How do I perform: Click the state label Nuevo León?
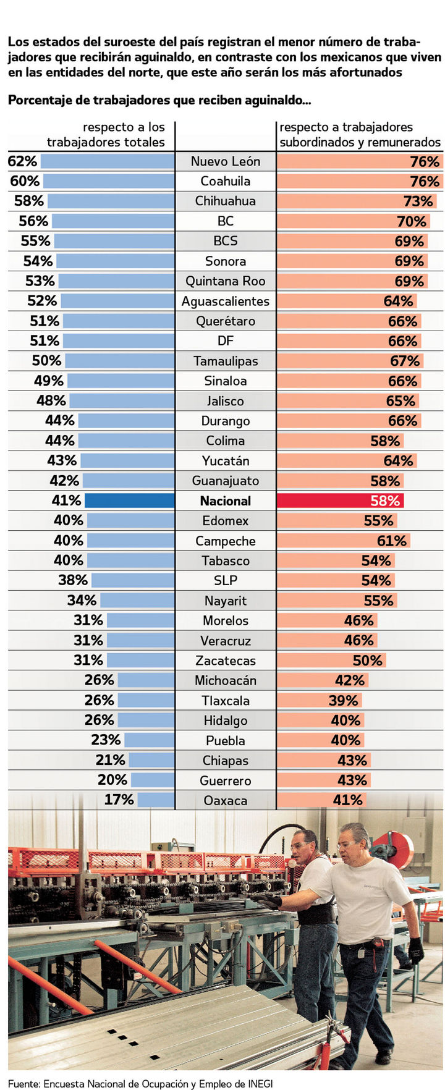point(225,161)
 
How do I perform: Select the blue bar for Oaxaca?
point(156,800)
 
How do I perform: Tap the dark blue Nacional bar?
point(129,501)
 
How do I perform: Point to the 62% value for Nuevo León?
point(23,161)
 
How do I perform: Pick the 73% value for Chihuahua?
point(418,201)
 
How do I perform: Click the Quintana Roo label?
point(225,281)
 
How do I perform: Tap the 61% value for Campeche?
point(392,541)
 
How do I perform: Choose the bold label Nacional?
point(225,501)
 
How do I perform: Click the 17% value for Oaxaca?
point(119,800)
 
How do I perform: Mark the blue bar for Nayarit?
point(137,601)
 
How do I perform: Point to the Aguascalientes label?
point(225,302)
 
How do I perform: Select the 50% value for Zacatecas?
point(367,661)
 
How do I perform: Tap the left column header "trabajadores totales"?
point(106,142)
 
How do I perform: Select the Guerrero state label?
point(225,780)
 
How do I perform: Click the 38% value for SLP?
point(73,580)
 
